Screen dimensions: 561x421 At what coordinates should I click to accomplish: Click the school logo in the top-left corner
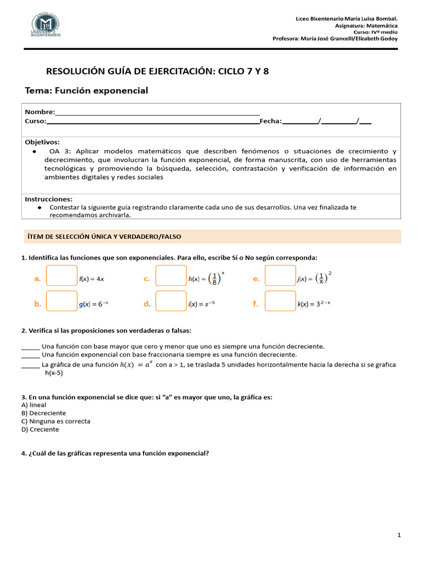point(46,25)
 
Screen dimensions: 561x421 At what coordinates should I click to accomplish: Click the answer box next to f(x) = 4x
point(61,276)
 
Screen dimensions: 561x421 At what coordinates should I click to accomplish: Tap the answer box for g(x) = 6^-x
point(61,301)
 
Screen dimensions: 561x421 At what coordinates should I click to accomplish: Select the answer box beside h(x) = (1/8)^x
point(171,276)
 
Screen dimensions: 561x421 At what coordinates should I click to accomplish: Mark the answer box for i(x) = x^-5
point(171,301)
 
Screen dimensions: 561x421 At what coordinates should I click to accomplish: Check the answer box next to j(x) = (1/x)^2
point(280,276)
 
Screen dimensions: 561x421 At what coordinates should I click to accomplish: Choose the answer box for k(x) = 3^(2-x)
point(280,301)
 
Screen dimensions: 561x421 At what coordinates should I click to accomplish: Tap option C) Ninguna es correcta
point(55,421)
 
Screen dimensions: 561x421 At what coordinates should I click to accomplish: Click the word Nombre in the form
point(39,112)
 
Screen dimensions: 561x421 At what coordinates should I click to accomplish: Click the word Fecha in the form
point(270,121)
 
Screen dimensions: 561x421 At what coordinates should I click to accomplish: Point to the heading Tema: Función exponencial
point(87,90)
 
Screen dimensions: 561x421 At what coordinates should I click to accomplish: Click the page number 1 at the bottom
point(399,534)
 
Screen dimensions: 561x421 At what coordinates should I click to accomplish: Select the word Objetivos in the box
point(42,142)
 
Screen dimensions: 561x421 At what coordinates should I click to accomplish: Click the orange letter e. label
point(255,278)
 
